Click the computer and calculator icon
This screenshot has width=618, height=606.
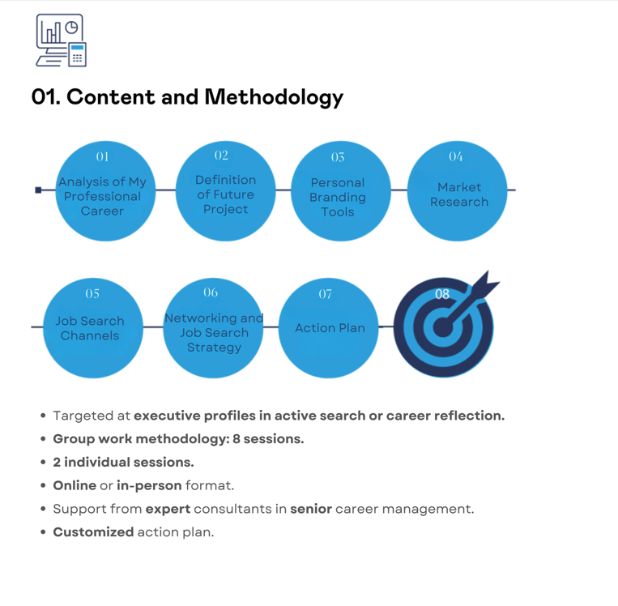click(61, 41)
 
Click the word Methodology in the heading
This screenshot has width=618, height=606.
click(274, 97)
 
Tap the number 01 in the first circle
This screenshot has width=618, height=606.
click(103, 157)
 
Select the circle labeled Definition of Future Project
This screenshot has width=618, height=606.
click(225, 191)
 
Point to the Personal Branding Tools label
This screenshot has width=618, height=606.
click(338, 197)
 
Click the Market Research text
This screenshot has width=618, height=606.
click(459, 194)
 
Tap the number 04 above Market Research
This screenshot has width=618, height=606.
click(456, 156)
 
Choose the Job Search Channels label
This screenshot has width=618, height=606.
click(90, 328)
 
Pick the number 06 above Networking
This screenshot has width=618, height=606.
click(211, 292)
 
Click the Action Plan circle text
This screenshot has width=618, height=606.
click(330, 328)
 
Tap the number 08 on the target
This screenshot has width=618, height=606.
click(442, 294)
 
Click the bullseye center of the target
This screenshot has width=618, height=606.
click(443, 327)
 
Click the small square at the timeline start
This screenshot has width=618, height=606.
click(38, 190)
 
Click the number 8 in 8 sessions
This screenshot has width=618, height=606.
click(236, 439)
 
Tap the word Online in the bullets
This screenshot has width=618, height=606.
click(75, 485)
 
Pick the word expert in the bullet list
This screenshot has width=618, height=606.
click(168, 510)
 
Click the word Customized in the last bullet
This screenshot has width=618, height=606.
click(93, 532)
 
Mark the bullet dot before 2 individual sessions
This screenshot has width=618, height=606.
click(43, 462)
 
